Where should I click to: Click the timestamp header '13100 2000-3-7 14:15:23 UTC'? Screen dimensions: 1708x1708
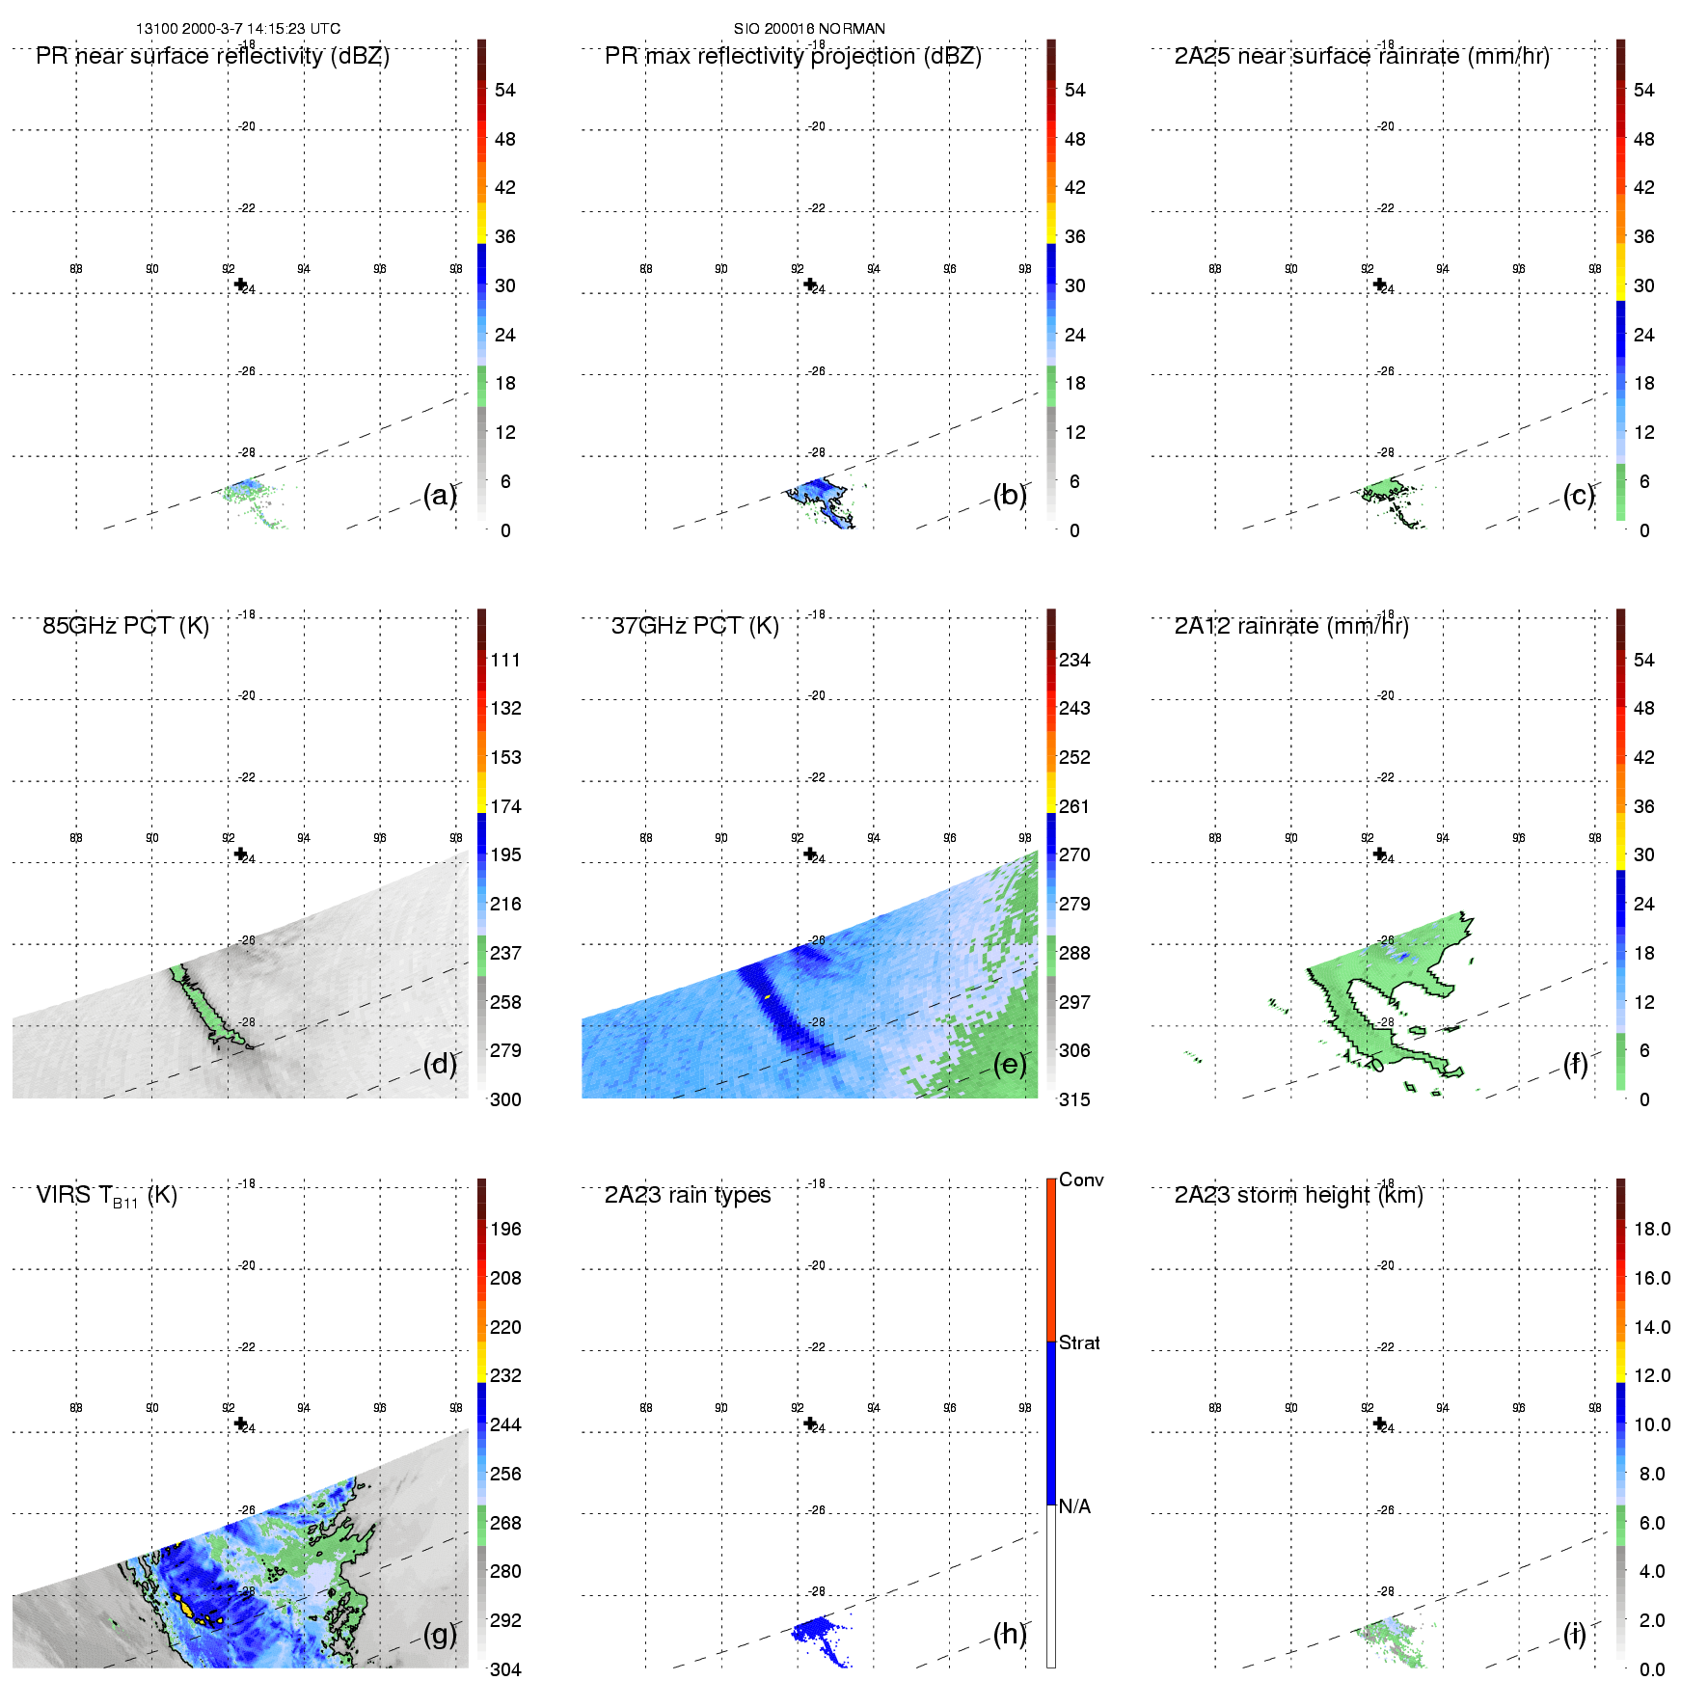[x=237, y=28]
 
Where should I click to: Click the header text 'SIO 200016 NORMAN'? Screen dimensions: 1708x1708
[x=809, y=28]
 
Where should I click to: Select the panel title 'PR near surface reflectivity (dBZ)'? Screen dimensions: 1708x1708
[x=212, y=56]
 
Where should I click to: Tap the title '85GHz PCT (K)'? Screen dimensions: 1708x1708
[x=125, y=626]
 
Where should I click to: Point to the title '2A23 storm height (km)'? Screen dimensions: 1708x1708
[x=1298, y=1195]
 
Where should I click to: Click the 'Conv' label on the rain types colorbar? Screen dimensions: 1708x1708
[x=1080, y=1179]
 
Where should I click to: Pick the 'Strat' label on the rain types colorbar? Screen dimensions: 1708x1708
[x=1079, y=1342]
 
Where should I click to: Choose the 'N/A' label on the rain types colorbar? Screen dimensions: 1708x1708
[x=1074, y=1506]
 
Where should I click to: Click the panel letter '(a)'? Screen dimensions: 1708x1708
[x=440, y=495]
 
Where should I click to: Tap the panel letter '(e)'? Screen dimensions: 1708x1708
[x=1010, y=1064]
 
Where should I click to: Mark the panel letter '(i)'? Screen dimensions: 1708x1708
[x=1575, y=1634]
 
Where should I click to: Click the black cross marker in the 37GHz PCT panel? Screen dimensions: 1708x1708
[x=810, y=854]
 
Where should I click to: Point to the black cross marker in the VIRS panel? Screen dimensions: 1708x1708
[x=240, y=1423]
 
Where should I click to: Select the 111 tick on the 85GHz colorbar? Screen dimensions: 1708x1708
[x=505, y=660]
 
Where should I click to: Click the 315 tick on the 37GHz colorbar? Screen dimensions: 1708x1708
[x=1074, y=1099]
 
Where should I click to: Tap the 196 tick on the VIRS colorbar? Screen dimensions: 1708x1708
[x=505, y=1229]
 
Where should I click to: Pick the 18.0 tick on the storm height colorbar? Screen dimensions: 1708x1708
[x=1652, y=1229]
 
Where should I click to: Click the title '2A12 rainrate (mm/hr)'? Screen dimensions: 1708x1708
[x=1291, y=626]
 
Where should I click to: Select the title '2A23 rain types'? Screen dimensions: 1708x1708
[x=688, y=1195]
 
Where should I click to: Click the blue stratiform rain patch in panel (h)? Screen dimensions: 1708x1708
[x=815, y=1632]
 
